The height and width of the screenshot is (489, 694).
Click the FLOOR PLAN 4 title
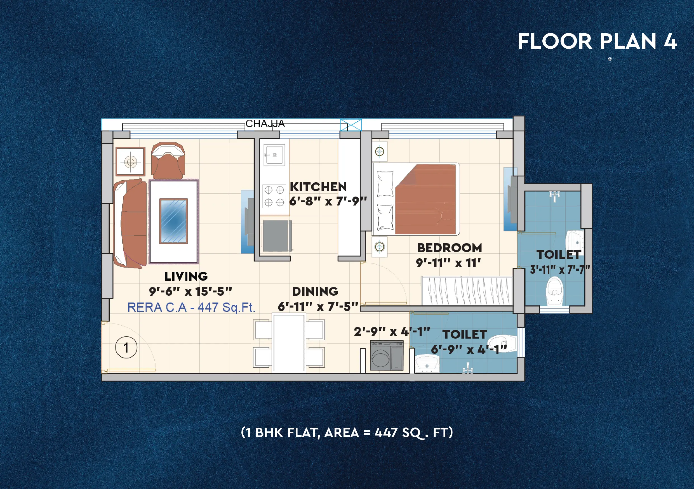[597, 41]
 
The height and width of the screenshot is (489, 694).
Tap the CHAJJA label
[265, 124]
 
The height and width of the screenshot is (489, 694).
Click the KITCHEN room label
[318, 187]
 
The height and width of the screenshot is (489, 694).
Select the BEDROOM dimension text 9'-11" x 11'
[448, 263]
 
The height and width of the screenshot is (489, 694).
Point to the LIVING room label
[186, 276]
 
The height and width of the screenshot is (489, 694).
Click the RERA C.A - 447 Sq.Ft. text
[191, 308]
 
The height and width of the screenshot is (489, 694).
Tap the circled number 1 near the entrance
[126, 347]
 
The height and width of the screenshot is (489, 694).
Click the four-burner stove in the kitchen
[274, 196]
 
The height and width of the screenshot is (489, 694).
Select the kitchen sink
[274, 155]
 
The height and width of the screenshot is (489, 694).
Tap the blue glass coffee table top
[173, 221]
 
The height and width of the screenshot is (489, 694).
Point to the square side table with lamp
[131, 162]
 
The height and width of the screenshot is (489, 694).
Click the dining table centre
[289, 343]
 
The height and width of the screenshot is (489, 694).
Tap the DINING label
[315, 291]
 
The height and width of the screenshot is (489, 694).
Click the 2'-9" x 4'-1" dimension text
[392, 332]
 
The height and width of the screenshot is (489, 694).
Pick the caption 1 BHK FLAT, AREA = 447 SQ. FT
[347, 433]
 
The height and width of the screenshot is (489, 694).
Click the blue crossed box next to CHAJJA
[351, 125]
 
